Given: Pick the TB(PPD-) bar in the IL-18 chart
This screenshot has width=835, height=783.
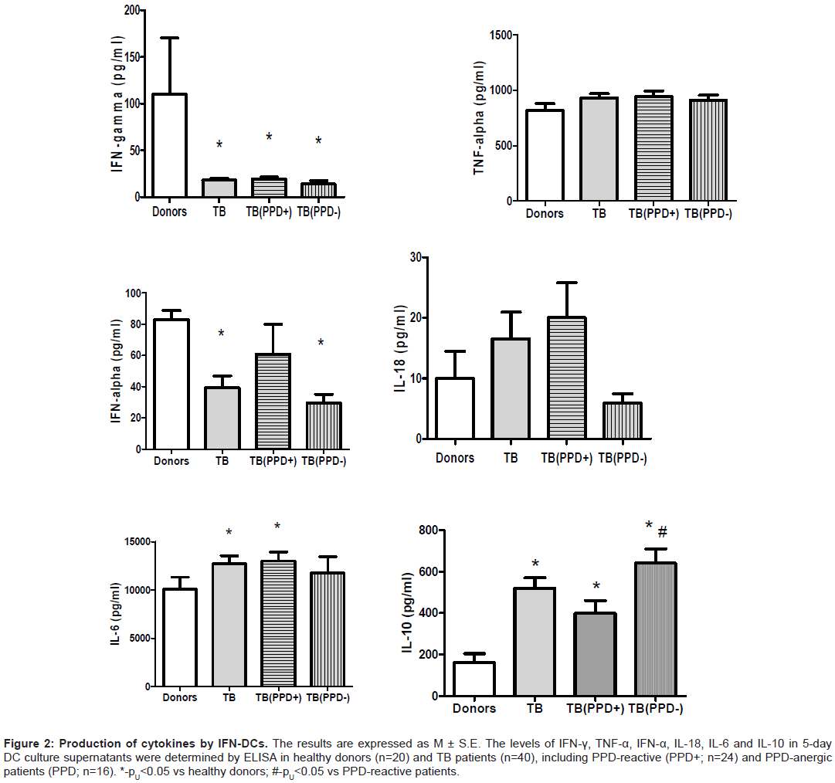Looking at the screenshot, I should (621, 421).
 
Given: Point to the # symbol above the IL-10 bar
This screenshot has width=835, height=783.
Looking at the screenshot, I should (662, 531).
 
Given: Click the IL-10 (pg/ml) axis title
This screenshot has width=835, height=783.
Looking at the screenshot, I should (407, 612).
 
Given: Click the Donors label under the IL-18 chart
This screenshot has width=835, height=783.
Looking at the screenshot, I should (455, 458).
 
